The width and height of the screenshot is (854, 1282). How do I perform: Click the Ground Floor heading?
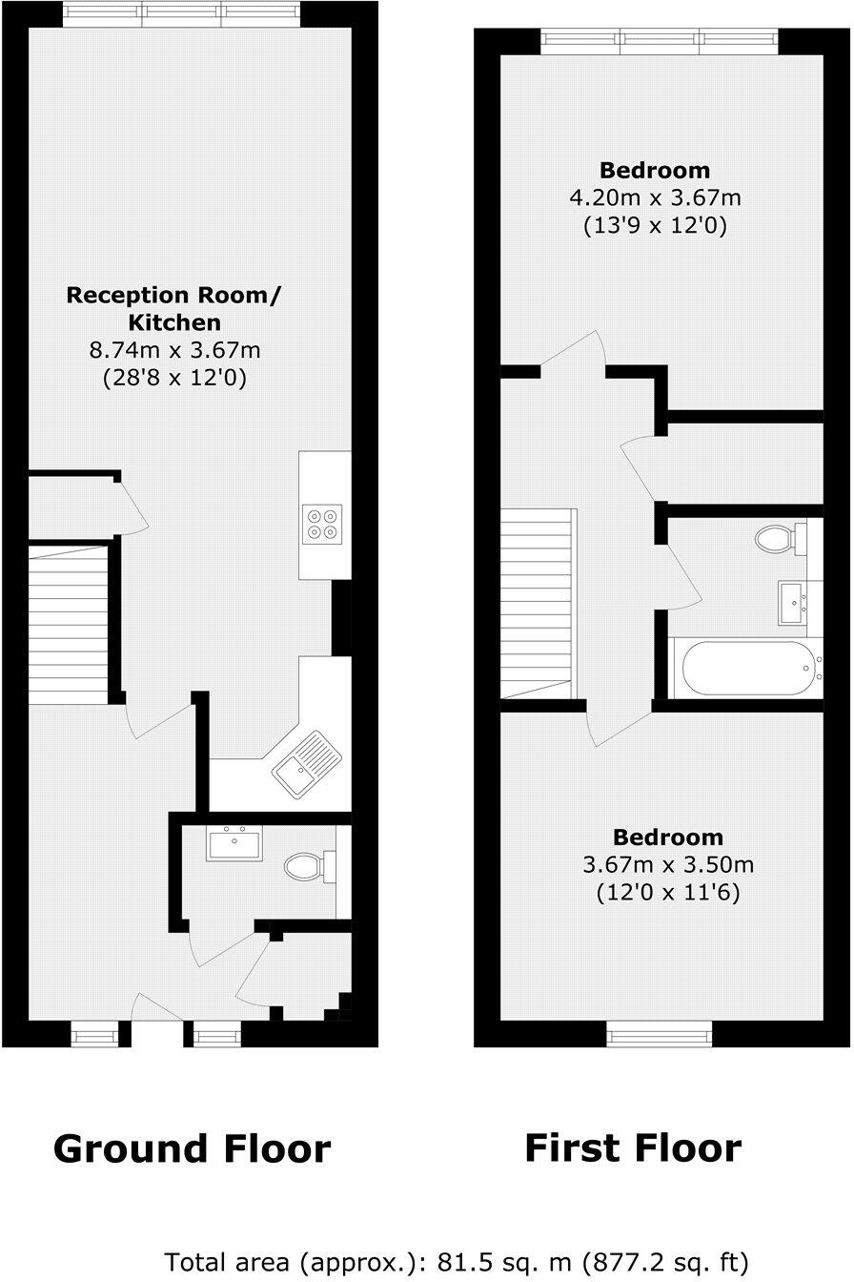coord(192,1148)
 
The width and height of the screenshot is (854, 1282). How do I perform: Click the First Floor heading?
coord(633,1147)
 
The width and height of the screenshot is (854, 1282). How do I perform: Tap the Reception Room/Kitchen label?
coord(173,308)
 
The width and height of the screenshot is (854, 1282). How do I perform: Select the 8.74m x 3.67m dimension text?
coord(173,350)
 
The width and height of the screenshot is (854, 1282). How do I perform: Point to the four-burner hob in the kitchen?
coord(320,524)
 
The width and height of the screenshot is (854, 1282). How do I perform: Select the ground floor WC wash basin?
coord(234,845)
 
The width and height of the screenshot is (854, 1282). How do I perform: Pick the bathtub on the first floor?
coord(746,668)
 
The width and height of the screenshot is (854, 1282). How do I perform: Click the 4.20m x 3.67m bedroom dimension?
coord(654,198)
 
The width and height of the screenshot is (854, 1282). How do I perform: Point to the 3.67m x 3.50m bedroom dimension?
coord(667,865)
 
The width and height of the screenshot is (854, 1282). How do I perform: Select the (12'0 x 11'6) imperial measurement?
coord(667,894)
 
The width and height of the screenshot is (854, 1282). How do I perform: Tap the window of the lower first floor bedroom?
coord(660,1032)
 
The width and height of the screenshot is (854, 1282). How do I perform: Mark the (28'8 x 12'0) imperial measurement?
coord(173,379)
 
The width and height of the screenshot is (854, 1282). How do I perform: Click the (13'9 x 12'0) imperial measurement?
coord(654,227)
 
